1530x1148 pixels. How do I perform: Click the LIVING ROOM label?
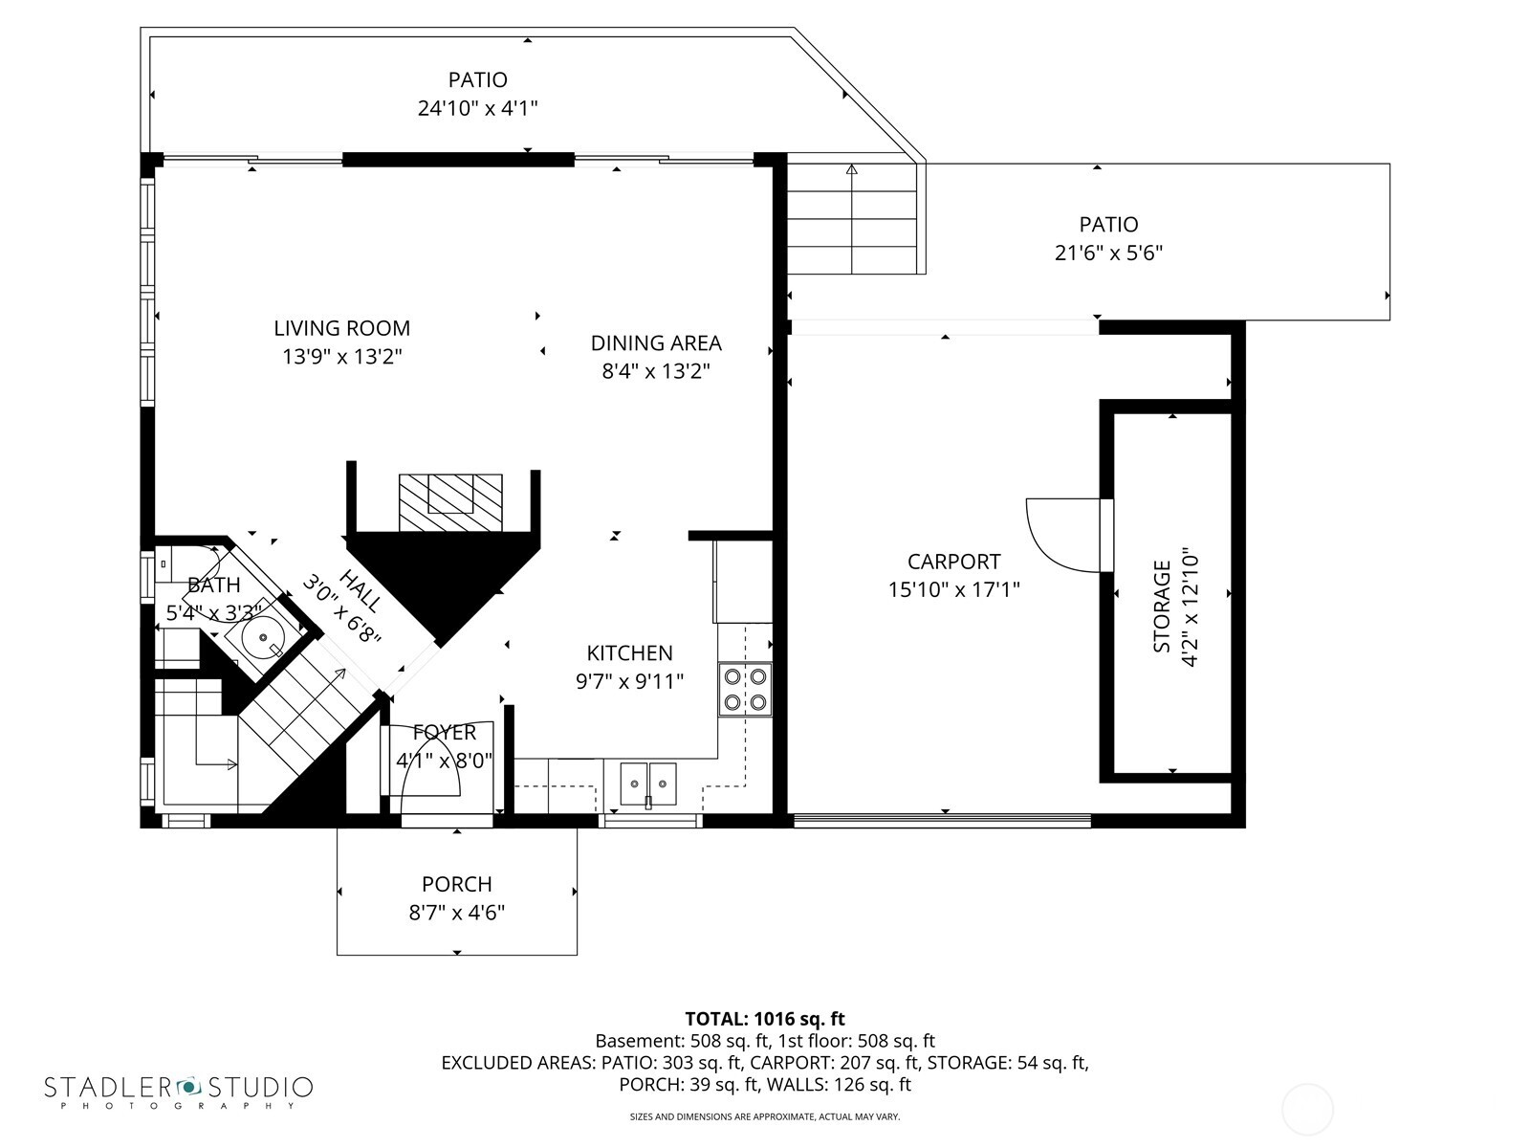pyautogui.click(x=341, y=328)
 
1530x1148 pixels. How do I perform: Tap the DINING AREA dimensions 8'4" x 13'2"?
pyautogui.click(x=655, y=371)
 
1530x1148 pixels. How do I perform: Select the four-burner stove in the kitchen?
pyautogui.click(x=745, y=690)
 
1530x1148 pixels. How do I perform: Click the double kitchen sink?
pyautogui.click(x=647, y=784)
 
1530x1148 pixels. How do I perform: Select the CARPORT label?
pyautogui.click(x=953, y=562)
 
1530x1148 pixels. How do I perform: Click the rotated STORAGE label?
pyautogui.click(x=1162, y=607)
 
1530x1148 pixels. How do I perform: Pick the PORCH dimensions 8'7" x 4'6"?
pyautogui.click(x=456, y=913)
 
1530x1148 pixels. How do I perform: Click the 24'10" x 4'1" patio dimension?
pyautogui.click(x=477, y=108)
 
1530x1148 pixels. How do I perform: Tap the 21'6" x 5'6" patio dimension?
pyautogui.click(x=1108, y=254)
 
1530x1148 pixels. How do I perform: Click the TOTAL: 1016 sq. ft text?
pyautogui.click(x=764, y=1019)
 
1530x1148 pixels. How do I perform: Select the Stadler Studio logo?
pyautogui.click(x=178, y=1091)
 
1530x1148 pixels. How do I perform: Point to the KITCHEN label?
pyautogui.click(x=629, y=653)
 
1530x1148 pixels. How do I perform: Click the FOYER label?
pyautogui.click(x=445, y=733)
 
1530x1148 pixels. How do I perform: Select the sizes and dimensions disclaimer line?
pyautogui.click(x=764, y=1116)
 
